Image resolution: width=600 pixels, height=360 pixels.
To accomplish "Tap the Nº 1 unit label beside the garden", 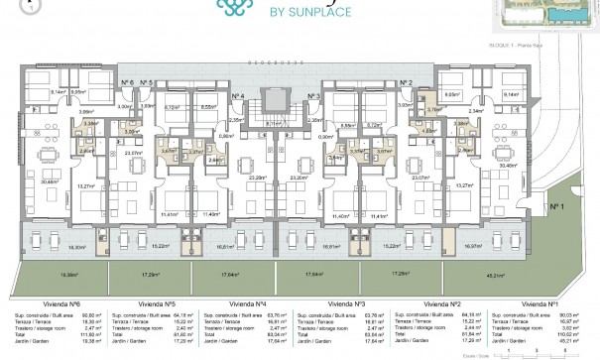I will (x=555, y=206).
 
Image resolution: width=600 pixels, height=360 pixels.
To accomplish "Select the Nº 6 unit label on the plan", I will (x=126, y=82).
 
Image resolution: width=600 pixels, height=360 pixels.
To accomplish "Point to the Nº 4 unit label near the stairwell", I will (x=238, y=96).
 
